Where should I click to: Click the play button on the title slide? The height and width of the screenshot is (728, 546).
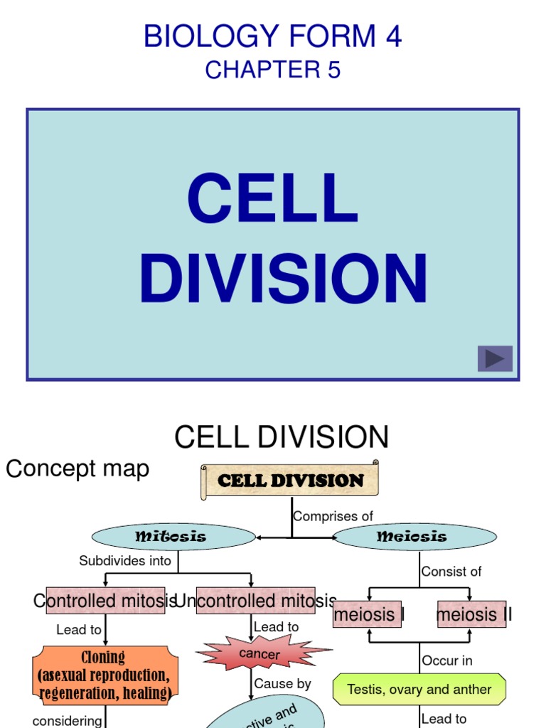point(495,359)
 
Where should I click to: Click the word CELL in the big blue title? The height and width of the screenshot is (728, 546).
point(272,200)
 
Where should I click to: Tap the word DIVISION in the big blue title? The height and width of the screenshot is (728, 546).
point(283,278)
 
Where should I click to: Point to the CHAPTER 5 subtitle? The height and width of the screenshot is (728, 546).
point(272,70)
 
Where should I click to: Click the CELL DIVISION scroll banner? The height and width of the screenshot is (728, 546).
point(290,480)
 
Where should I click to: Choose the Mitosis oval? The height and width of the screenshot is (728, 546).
point(173,537)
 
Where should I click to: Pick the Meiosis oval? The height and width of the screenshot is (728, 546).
point(414,537)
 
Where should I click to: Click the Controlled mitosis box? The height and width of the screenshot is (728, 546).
point(105,601)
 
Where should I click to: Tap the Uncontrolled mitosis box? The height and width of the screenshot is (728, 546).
point(256,601)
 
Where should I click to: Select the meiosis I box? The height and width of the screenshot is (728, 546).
point(368,614)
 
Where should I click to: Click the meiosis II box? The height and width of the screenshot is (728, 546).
point(473,614)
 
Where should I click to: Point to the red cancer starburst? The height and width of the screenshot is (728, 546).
point(260,653)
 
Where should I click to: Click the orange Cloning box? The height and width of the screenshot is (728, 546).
point(105,675)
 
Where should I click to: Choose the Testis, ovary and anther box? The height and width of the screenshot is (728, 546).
point(419,689)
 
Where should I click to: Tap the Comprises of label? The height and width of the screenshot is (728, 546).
point(333,516)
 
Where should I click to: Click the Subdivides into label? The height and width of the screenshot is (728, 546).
point(125,561)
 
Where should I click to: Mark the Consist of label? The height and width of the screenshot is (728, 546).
point(451,571)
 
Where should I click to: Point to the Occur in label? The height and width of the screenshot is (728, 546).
point(447,660)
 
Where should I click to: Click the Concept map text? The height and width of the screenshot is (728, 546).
point(77,469)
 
